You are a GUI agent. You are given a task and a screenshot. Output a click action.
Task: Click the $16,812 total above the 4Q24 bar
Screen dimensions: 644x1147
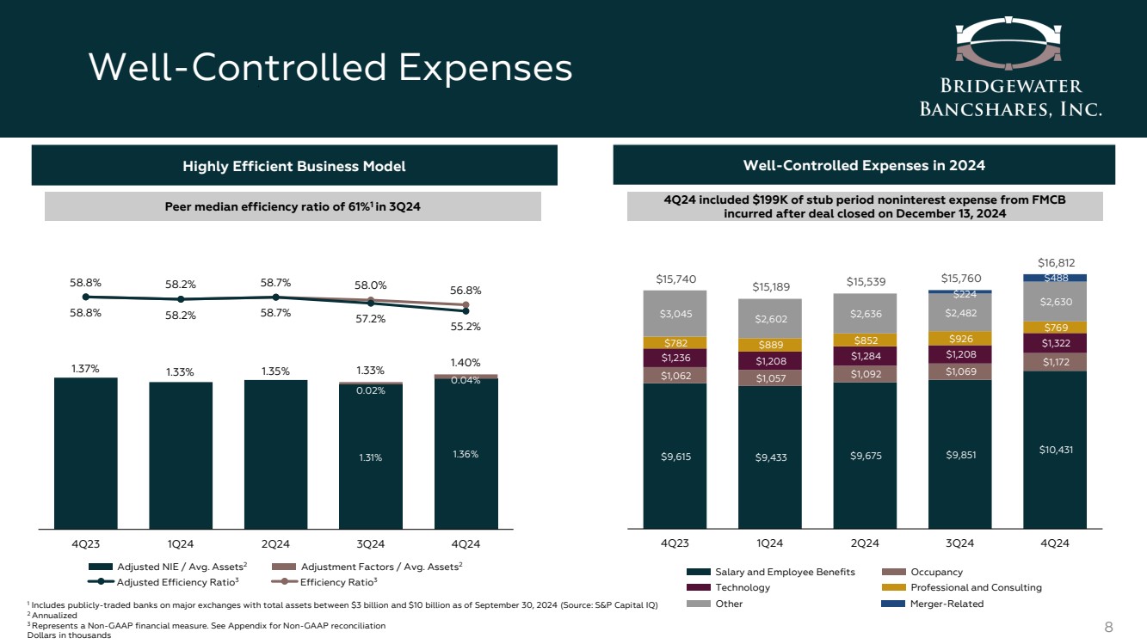tap(1055, 262)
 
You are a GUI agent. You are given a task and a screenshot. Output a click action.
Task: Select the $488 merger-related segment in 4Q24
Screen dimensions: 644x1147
tap(1055, 278)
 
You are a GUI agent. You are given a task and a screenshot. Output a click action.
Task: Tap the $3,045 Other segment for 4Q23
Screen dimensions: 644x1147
tap(675, 312)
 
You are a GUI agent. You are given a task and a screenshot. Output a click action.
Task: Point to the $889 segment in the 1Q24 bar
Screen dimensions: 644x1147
tap(769, 345)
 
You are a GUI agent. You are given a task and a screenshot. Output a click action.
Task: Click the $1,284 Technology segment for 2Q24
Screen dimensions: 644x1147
tap(865, 355)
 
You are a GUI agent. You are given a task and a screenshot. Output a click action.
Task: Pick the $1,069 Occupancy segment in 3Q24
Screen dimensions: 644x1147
tap(959, 371)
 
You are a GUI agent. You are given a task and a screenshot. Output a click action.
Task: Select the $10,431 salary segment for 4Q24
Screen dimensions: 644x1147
tap(1055, 449)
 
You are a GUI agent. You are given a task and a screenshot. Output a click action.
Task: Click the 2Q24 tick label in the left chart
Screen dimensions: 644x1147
tap(275, 543)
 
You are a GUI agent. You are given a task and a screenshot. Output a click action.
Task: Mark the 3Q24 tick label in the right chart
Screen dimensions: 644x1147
tap(959, 543)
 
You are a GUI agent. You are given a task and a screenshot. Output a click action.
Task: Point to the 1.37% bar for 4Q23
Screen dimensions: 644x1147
tap(85, 453)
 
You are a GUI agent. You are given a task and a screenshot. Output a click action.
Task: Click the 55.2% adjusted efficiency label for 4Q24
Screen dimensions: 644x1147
tap(466, 327)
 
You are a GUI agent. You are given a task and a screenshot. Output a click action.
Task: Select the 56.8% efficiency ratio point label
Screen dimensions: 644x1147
tap(466, 291)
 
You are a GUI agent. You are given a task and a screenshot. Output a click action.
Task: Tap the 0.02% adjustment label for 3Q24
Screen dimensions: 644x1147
tap(370, 390)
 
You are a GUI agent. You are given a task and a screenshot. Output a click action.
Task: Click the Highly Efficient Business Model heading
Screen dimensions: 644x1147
tap(294, 165)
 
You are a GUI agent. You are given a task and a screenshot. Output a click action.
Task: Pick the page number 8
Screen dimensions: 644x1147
tap(1108, 627)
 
